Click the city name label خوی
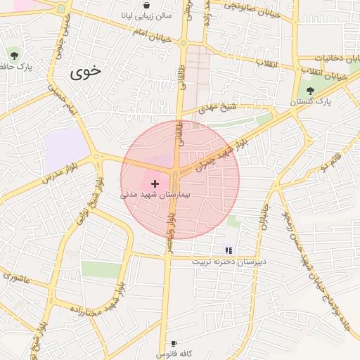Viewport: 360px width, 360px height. [85, 71]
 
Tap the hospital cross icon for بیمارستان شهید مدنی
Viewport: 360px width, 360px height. [155, 183]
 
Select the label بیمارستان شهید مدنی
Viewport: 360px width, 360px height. [156, 195]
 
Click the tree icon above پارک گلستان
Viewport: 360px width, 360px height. [310, 89]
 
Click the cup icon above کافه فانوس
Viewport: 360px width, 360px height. [174, 343]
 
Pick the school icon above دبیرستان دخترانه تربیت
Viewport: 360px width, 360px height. [228, 250]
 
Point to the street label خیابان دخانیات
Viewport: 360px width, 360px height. [337, 58]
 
